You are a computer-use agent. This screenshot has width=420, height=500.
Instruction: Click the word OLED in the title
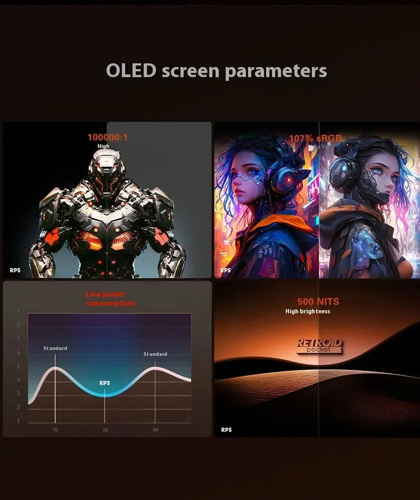click(x=131, y=71)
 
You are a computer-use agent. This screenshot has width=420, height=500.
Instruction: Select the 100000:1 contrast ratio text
click(x=107, y=137)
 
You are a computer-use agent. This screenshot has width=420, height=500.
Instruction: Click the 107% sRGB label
click(x=315, y=138)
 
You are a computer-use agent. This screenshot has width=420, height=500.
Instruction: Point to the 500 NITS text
click(x=318, y=302)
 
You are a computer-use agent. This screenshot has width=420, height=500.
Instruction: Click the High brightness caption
click(x=308, y=312)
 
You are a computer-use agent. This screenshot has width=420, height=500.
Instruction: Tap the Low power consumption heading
click(x=111, y=299)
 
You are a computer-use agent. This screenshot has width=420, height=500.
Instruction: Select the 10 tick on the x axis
click(x=55, y=429)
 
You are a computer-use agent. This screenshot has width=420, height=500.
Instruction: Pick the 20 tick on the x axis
click(x=105, y=429)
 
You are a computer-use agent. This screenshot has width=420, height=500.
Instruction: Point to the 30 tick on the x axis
click(x=155, y=429)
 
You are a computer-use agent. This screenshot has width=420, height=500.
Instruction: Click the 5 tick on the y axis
click(x=18, y=366)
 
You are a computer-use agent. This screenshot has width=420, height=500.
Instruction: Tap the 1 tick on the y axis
click(x=18, y=421)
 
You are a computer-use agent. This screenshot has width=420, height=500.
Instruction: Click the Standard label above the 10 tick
click(x=55, y=348)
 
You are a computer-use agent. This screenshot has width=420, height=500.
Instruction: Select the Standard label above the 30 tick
click(x=155, y=354)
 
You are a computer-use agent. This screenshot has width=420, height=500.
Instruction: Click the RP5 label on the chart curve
click(x=105, y=383)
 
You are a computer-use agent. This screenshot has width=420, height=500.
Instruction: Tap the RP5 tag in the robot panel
click(x=14, y=270)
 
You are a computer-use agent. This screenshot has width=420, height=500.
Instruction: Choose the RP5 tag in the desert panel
click(x=226, y=430)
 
